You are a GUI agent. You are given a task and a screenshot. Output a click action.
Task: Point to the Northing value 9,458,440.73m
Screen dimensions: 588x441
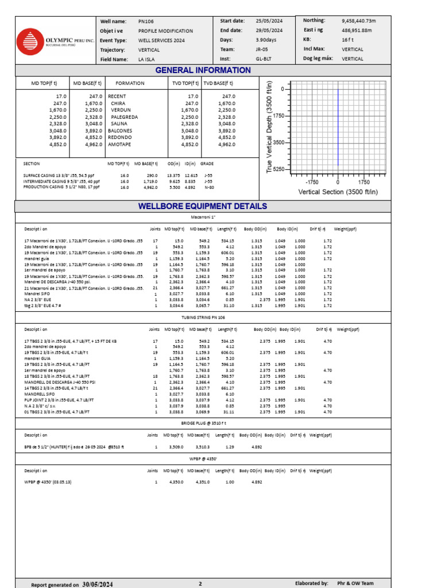[359, 20]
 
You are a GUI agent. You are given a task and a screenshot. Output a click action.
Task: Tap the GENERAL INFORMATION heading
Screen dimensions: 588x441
[203, 70]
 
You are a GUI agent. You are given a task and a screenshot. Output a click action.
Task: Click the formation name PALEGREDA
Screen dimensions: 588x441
[124, 117]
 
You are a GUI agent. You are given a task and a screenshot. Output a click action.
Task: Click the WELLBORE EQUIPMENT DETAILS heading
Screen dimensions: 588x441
[203, 206]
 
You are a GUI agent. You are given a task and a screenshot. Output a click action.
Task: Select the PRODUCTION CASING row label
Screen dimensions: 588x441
[61, 187]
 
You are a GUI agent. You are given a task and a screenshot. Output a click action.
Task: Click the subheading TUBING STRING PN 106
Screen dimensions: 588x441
[203, 318]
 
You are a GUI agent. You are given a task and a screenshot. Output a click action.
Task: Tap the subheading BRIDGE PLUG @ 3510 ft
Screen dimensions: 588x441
[203, 421]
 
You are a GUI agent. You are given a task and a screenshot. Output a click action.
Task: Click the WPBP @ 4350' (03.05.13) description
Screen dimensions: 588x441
[48, 482]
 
